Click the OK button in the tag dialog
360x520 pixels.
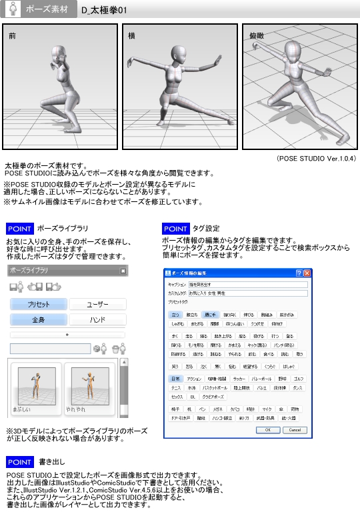click(268, 431)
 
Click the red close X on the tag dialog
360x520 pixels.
click(307, 273)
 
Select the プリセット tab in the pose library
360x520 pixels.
click(38, 304)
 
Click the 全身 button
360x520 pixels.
click(38, 320)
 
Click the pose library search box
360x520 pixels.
click(50, 348)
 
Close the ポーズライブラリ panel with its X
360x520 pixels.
click(123, 271)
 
